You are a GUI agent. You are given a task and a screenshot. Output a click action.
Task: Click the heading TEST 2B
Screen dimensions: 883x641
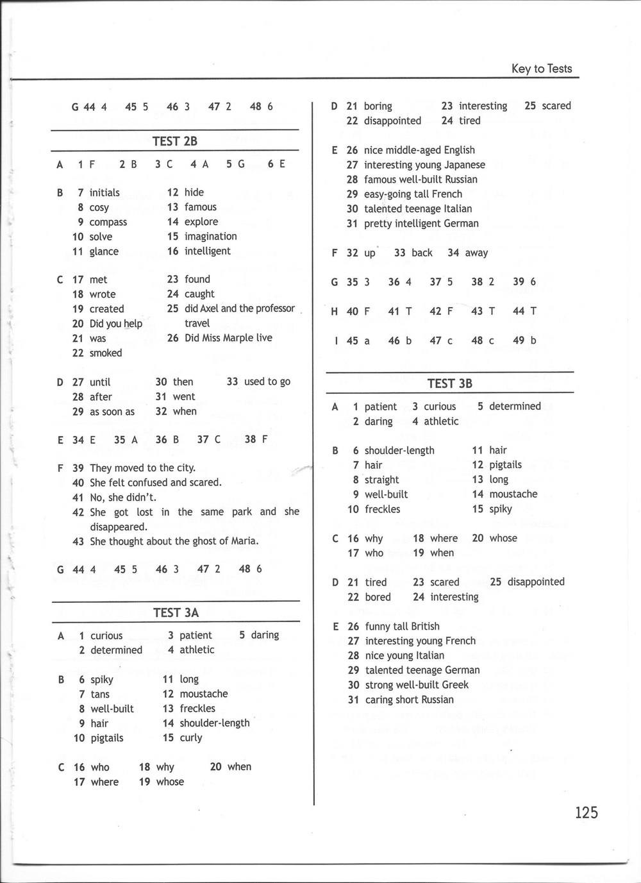click(174, 141)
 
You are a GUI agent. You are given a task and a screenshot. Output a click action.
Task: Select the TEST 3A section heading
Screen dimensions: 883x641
click(176, 612)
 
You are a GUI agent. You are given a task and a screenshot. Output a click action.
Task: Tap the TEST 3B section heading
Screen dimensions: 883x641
click(449, 383)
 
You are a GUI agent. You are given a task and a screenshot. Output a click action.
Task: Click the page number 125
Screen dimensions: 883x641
click(586, 812)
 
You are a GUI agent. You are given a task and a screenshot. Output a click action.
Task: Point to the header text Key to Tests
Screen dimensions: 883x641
click(542, 69)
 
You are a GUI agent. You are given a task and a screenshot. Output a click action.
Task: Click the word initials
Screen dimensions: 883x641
click(104, 192)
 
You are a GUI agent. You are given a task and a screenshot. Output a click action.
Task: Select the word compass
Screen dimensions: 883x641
click(108, 222)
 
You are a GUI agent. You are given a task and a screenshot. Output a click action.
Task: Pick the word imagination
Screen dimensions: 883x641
click(210, 237)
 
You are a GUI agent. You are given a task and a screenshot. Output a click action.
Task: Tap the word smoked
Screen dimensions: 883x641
click(106, 353)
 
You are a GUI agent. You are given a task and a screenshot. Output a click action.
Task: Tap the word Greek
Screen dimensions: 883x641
click(455, 685)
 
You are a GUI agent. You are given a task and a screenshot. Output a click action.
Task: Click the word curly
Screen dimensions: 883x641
click(191, 737)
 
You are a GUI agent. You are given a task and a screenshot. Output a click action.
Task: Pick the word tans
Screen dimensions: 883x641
click(100, 694)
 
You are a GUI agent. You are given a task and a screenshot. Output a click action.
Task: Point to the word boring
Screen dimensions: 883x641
click(378, 106)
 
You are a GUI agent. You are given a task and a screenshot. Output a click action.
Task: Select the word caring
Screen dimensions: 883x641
click(379, 700)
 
